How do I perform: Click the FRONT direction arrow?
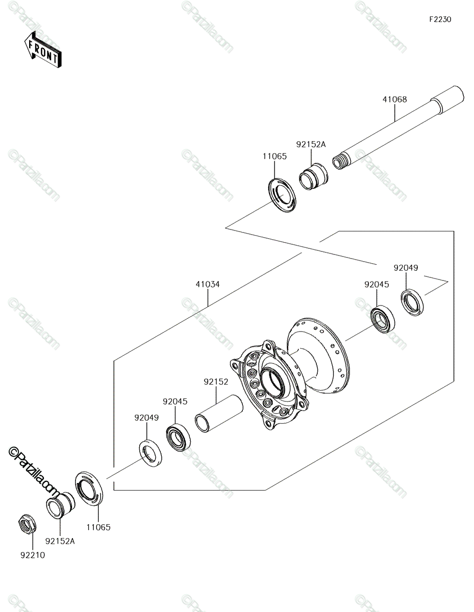(x=43, y=49)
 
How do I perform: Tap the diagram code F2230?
(x=440, y=19)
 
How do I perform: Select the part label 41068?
(x=394, y=99)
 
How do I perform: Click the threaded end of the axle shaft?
(x=340, y=161)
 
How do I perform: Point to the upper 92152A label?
(x=311, y=144)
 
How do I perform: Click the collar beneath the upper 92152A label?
(x=313, y=176)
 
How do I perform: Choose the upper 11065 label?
(x=275, y=156)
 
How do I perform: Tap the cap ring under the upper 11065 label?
(x=282, y=195)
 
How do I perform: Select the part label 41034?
(x=208, y=284)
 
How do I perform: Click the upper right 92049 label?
(x=406, y=268)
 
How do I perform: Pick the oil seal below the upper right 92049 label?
(x=412, y=302)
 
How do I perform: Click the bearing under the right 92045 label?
(x=383, y=319)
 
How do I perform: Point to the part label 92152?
(x=216, y=381)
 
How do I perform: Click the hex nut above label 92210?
(x=27, y=523)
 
